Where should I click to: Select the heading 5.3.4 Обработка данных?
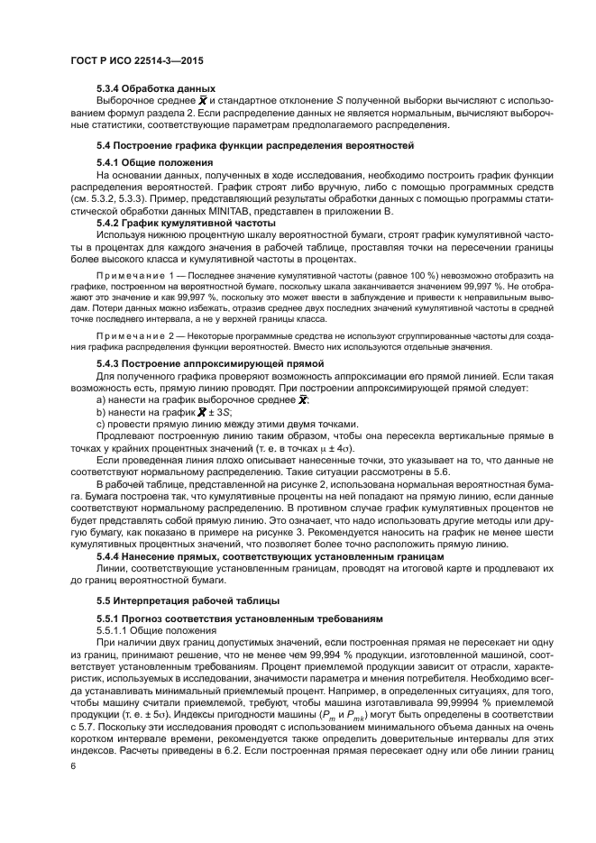coord(156,87)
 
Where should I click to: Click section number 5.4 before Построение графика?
coord(105,144)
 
